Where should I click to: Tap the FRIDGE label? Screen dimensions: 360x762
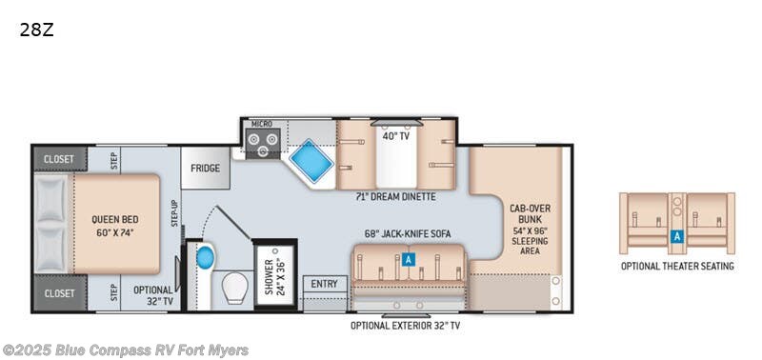click(205, 169)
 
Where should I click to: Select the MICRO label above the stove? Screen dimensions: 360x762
click(261, 125)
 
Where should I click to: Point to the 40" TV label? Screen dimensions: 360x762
click(395, 135)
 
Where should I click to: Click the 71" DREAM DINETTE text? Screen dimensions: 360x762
click(394, 197)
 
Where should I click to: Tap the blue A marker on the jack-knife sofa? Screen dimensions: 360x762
click(408, 258)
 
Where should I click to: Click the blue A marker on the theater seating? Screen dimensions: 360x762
click(676, 236)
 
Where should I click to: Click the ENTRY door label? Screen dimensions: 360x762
click(324, 284)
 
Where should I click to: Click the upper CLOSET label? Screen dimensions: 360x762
click(59, 159)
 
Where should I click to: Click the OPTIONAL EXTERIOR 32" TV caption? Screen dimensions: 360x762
click(405, 326)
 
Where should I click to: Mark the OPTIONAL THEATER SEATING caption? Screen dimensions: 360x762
click(677, 266)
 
